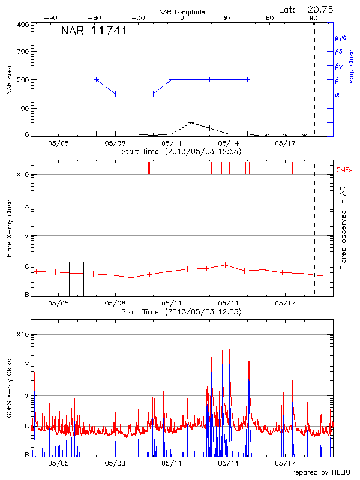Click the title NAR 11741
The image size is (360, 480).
pyautogui.click(x=94, y=31)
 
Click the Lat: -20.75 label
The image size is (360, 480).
pyautogui.click(x=307, y=9)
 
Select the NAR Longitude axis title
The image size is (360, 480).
pyautogui.click(x=182, y=12)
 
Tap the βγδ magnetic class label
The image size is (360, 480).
pyautogui.click(x=340, y=37)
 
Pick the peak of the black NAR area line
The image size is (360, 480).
pyautogui.click(x=191, y=122)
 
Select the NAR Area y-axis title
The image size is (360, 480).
pyautogui.click(x=9, y=80)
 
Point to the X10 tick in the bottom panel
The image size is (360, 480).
pyautogui.click(x=22, y=334)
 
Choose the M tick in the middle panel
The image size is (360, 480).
pyautogui.click(x=26, y=236)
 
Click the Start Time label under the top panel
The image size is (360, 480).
pyautogui.click(x=181, y=152)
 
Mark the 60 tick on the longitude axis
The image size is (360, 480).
pyautogui.click(x=270, y=19)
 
